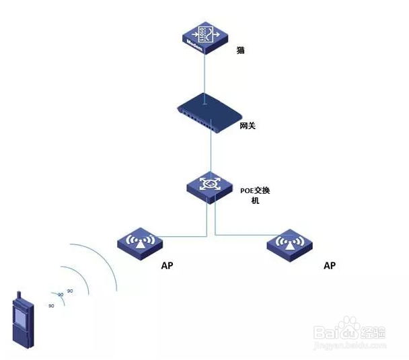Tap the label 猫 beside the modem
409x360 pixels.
click(240, 50)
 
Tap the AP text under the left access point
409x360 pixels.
click(168, 266)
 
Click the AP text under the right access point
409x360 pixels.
click(330, 266)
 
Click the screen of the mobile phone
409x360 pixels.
click(20, 318)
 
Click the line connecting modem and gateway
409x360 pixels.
click(203, 74)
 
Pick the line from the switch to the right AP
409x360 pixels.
click(242, 235)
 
